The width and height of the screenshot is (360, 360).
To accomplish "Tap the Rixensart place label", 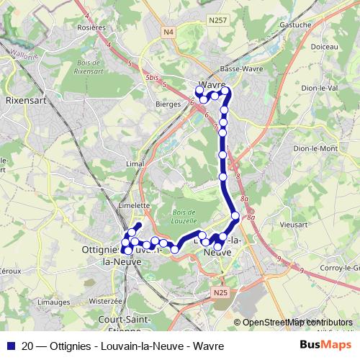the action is [26, 102].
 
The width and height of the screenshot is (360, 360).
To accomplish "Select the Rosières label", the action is [91, 27].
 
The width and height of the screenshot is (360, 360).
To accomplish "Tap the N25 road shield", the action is [220, 292].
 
